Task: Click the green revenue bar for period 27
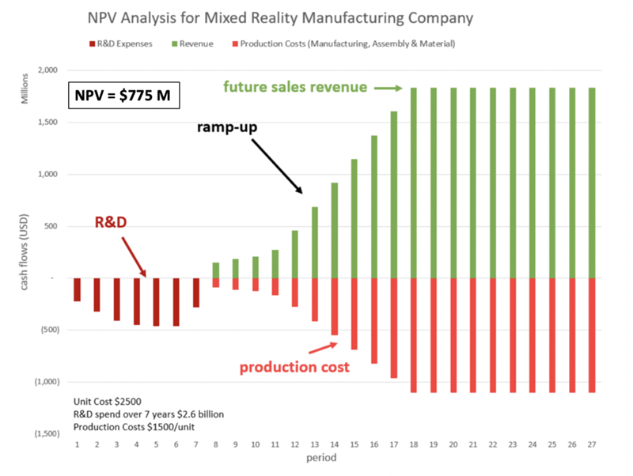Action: pyautogui.click(x=592, y=183)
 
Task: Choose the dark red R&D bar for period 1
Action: pyautogui.click(x=77, y=289)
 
